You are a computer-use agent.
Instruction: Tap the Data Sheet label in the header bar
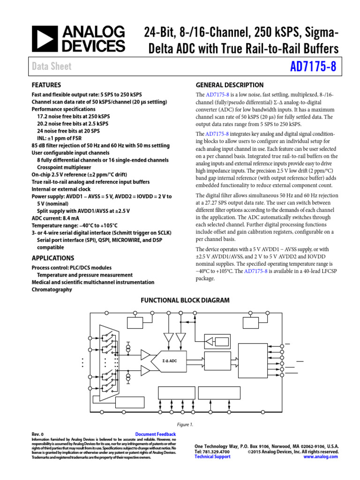52,67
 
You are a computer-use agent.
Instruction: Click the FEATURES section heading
46,85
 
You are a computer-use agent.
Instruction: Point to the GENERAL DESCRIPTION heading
229,85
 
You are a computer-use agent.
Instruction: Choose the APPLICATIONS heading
52,258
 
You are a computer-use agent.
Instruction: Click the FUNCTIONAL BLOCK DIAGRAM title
185,300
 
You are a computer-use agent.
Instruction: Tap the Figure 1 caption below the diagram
185,425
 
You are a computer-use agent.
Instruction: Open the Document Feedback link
156,435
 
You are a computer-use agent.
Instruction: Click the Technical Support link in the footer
212,457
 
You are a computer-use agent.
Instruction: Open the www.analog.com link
321,457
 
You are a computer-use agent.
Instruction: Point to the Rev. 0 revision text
37,435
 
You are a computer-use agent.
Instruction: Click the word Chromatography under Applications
52,290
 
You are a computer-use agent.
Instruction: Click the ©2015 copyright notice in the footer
292,451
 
